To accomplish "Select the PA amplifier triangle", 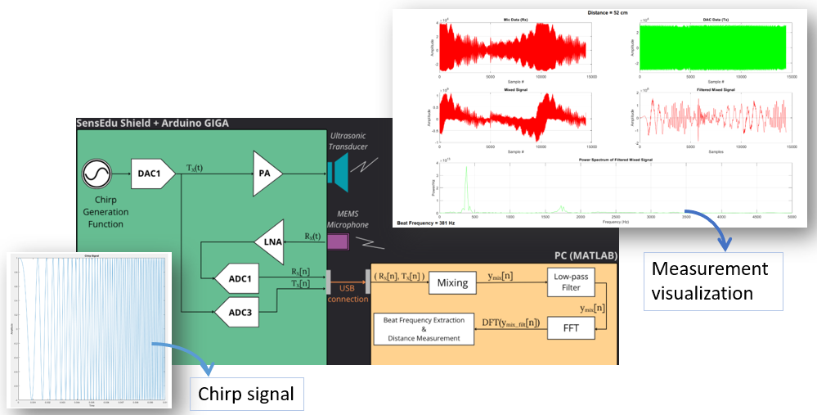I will coord(266,173).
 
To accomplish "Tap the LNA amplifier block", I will coord(269,241).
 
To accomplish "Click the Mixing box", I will coord(452,282).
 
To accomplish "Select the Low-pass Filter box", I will coord(569,282).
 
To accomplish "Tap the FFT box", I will coord(569,327).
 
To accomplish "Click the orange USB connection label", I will coord(348,293).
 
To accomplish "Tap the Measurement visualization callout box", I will coord(712,281).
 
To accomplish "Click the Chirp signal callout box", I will coord(246,394).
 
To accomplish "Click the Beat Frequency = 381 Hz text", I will coord(426,222).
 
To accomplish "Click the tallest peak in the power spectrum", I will coord(466,169).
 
